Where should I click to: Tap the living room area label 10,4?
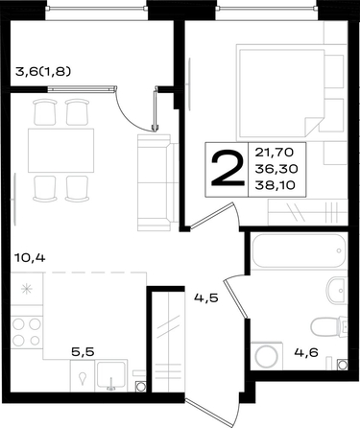pos(31,257)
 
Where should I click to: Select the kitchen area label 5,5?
pos(83,352)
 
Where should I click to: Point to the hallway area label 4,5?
pos(206,298)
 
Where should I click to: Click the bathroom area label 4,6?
pos(306,353)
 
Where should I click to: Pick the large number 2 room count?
pos(228,169)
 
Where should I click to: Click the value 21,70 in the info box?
pos(275,153)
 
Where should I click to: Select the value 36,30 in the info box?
pos(276,169)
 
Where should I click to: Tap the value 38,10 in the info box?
pos(275,185)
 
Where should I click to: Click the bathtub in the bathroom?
pos(299,250)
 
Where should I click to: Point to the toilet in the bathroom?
pos(329,326)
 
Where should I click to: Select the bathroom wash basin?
pos(337,291)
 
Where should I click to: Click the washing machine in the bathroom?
pos(267,356)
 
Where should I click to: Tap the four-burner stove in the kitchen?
pos(27,332)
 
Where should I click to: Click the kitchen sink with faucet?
pos(111,375)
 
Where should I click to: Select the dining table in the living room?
pos(60,151)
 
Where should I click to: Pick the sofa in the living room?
pos(157,182)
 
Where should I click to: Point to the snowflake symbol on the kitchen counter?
pos(26,289)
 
